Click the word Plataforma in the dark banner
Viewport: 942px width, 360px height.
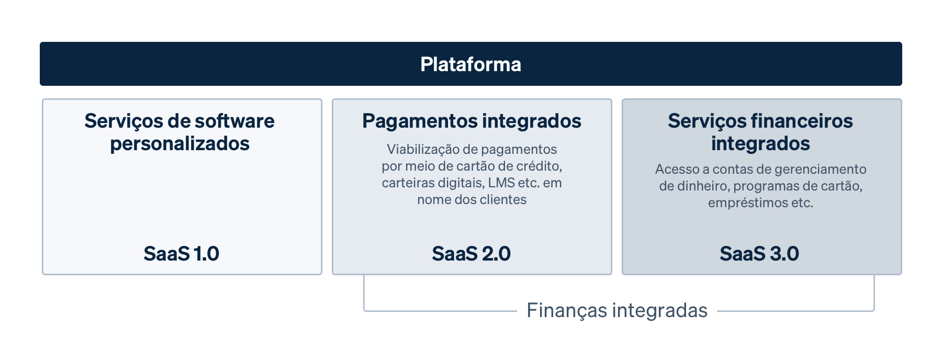click(470, 64)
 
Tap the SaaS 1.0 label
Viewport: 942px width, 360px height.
click(181, 254)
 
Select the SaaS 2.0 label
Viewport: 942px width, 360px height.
click(471, 254)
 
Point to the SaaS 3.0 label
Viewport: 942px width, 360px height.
click(759, 254)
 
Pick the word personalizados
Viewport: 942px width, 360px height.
click(180, 144)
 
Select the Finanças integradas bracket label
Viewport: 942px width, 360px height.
click(616, 310)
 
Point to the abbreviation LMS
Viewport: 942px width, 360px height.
click(501, 183)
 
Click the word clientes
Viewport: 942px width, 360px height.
click(503, 200)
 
